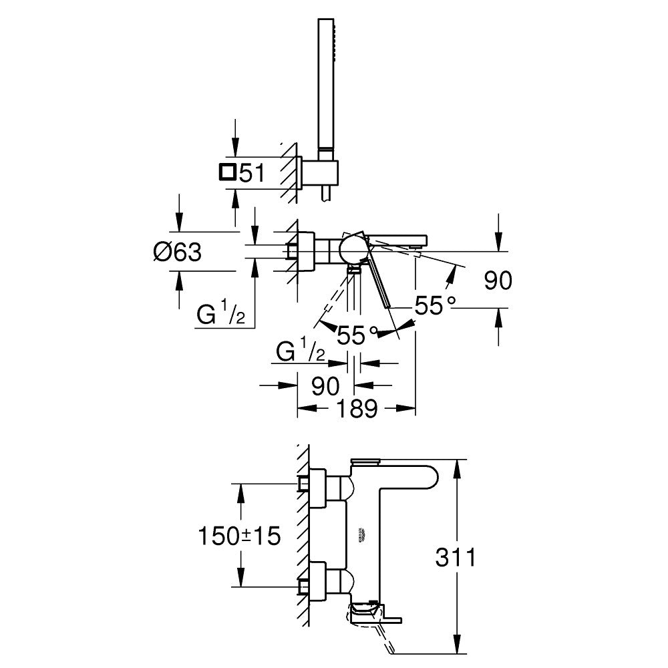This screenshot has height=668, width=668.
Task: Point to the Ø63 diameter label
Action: tap(177, 252)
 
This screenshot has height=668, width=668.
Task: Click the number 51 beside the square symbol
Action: tap(253, 174)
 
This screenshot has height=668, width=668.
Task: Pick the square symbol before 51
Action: tap(227, 172)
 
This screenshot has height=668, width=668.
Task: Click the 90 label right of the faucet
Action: tap(498, 281)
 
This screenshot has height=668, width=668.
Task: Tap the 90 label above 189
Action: tap(325, 385)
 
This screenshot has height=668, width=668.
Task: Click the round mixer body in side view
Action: tap(352, 250)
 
